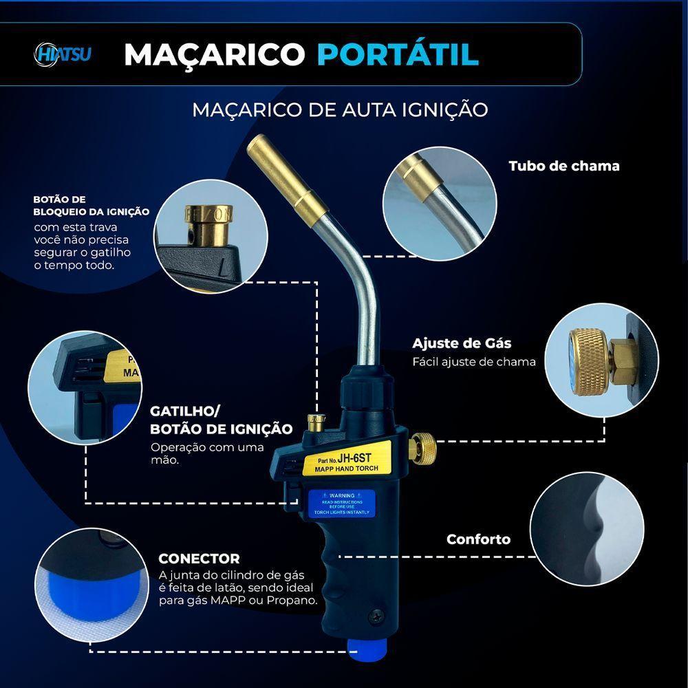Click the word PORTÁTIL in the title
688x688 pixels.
click(x=397, y=54)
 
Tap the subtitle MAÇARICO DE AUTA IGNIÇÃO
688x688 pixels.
click(x=340, y=109)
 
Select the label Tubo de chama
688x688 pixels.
click(x=563, y=166)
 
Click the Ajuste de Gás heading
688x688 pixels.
click(x=462, y=343)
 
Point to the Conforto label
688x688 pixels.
click(x=478, y=539)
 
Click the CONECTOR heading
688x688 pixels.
click(x=199, y=559)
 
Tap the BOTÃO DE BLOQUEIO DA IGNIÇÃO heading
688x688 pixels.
click(x=91, y=205)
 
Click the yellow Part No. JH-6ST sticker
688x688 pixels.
click(x=348, y=460)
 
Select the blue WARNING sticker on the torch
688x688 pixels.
click(x=341, y=504)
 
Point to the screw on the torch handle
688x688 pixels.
click(x=376, y=616)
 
